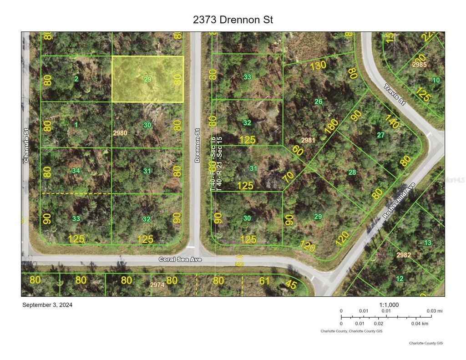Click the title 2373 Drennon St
(233, 20)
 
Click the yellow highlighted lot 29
(147, 79)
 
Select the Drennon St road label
(197, 145)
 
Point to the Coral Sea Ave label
(180, 259)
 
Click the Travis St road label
(394, 94)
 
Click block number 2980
(120, 133)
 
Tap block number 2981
(308, 140)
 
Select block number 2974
(157, 284)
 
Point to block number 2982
(403, 255)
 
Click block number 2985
(419, 65)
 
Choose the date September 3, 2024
(47, 305)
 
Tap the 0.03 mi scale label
(434, 311)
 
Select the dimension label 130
(318, 66)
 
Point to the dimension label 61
(264, 281)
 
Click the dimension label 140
(391, 119)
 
